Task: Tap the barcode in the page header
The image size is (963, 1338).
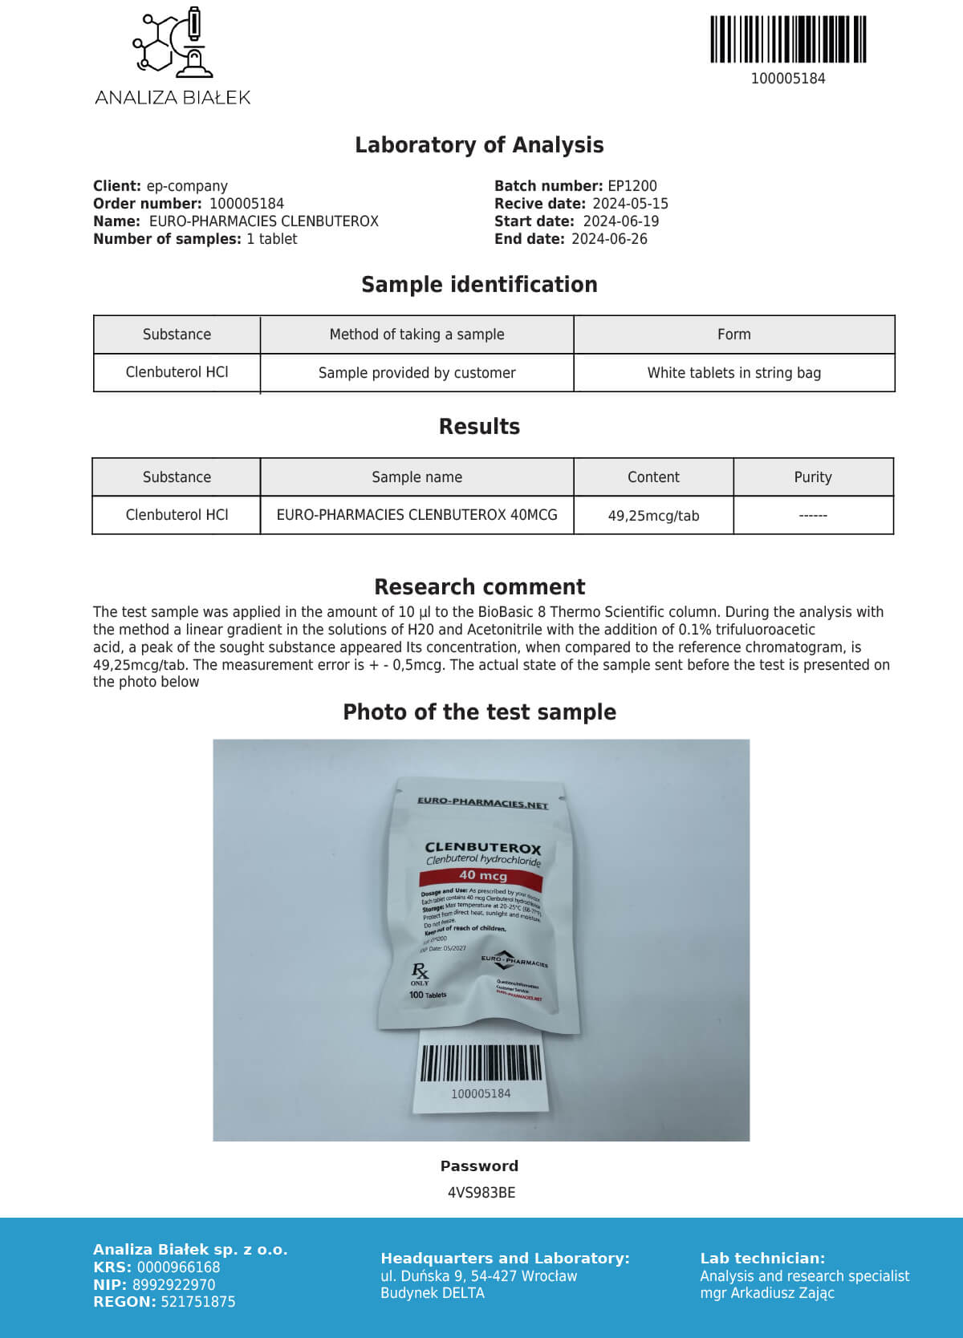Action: tap(788, 39)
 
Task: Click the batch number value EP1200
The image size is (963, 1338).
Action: tap(632, 186)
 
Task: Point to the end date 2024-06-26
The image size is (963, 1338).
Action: tap(609, 239)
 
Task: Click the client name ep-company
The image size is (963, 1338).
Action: tap(187, 186)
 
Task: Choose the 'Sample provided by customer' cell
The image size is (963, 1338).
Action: tap(416, 373)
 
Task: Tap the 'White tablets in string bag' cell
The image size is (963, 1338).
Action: tap(733, 373)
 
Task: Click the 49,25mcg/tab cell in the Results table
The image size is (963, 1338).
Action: tap(653, 516)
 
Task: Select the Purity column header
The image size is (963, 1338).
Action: tap(813, 477)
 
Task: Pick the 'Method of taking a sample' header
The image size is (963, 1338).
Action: tap(416, 334)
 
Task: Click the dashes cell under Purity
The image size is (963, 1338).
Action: tap(813, 516)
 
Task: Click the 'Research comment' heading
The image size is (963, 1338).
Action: tap(480, 586)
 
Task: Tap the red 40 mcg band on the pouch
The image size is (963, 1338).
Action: tap(483, 876)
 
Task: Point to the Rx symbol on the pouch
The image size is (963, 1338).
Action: tap(420, 971)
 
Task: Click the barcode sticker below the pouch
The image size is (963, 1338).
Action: tap(481, 1071)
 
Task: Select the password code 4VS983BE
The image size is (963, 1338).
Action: tap(481, 1193)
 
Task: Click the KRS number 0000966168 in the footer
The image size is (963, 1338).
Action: tap(178, 1267)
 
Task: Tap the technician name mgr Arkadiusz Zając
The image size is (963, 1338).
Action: tap(767, 1293)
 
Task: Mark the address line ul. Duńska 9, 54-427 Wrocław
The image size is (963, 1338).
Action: tap(479, 1276)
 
